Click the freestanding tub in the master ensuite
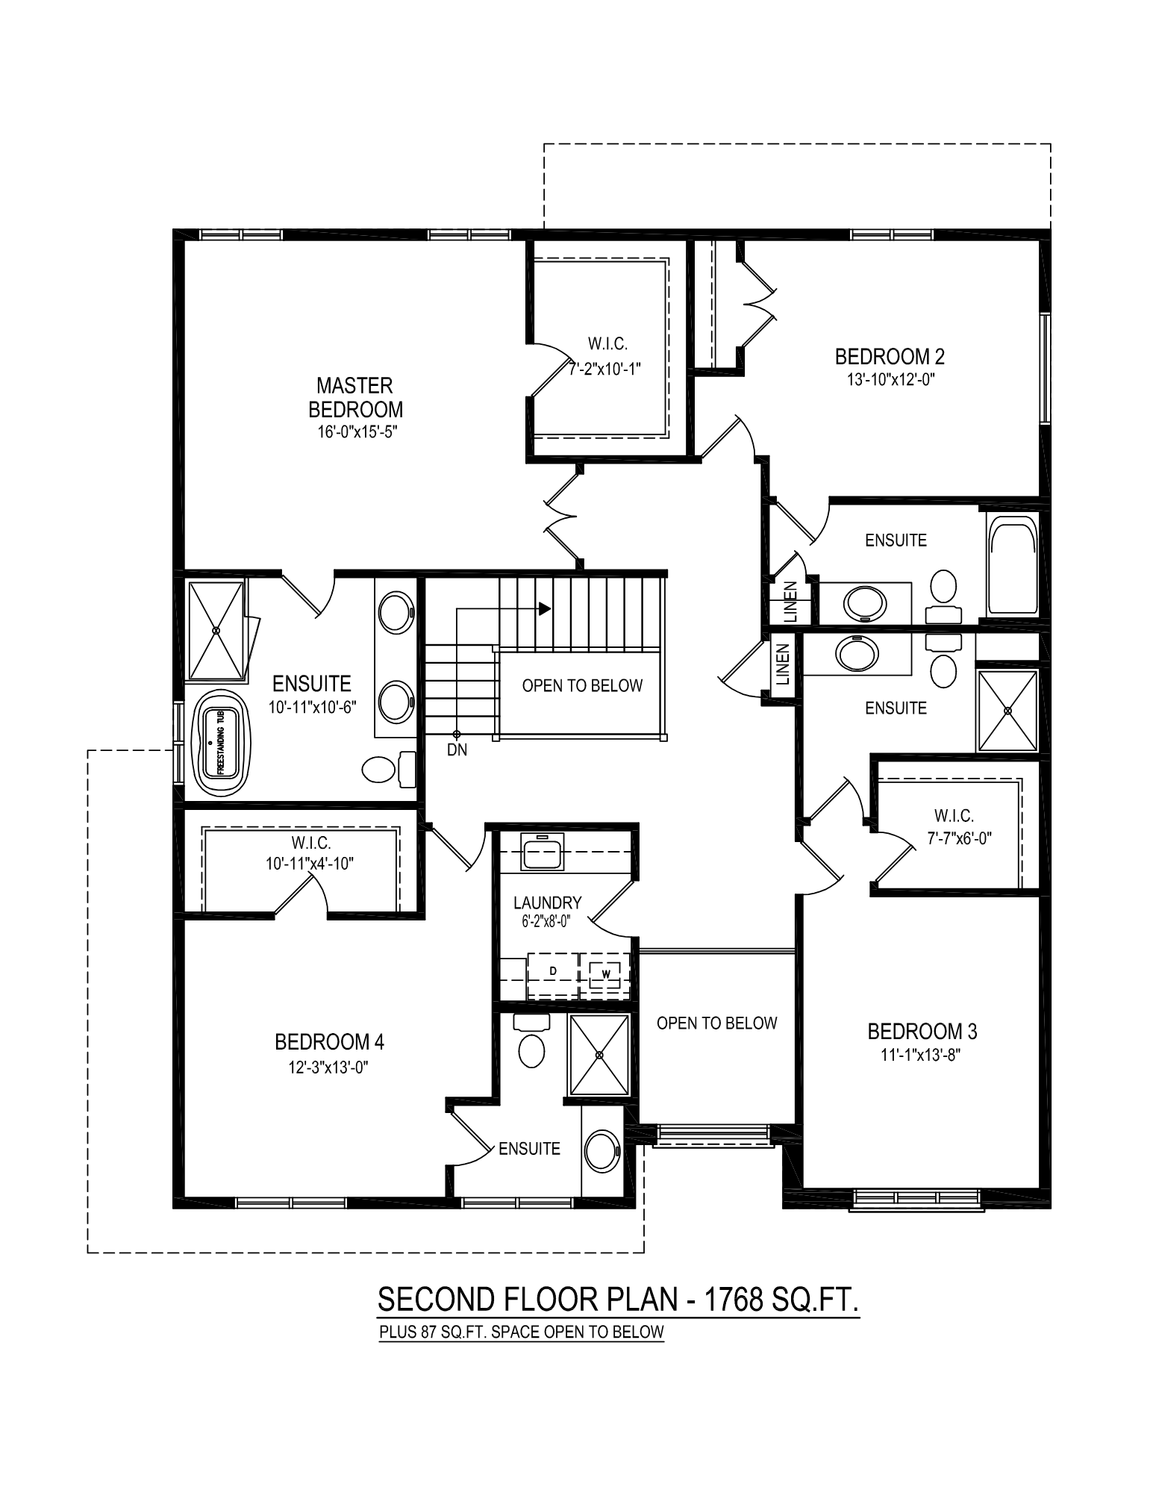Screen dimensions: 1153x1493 pos(222,744)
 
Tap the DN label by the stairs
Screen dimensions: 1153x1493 pos(457,750)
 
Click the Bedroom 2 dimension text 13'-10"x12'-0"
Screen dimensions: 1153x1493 pos(890,378)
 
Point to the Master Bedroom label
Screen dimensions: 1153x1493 pos(355,397)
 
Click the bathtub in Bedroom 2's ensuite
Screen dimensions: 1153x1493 pos(1012,564)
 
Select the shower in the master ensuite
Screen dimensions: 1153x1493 pos(216,630)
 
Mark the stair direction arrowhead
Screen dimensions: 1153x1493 pos(545,609)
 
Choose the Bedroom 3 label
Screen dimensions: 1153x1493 pos(922,1032)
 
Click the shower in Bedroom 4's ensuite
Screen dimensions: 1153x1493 pos(599,1054)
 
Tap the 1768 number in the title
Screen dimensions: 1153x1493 pos(734,1299)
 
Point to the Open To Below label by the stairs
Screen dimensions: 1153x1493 pos(582,685)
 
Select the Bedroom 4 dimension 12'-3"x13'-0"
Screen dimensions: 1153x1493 pos(329,1067)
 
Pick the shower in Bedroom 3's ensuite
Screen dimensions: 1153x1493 pos(1007,711)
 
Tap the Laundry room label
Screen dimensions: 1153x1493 pos(547,903)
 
